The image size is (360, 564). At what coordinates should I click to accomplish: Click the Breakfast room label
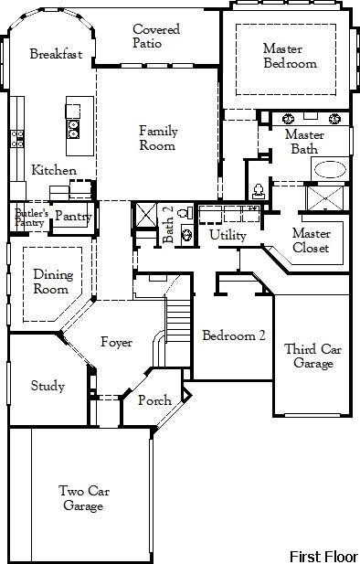56,54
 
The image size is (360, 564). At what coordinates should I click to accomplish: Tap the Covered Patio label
156,37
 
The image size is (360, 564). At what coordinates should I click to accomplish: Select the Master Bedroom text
290,56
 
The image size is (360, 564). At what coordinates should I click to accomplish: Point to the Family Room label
158,138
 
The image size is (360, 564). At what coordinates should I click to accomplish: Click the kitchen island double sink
73,128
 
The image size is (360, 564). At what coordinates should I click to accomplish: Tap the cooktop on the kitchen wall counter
16,139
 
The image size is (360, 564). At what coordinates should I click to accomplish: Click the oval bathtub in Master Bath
330,170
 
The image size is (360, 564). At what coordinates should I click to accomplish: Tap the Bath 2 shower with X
146,216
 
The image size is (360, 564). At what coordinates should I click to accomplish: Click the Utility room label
228,235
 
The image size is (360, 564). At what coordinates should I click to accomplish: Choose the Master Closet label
311,240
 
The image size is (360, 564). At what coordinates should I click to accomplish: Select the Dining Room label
51,282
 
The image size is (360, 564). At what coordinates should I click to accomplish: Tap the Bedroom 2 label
234,335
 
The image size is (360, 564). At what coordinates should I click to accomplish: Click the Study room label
48,386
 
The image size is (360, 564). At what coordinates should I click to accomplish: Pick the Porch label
154,400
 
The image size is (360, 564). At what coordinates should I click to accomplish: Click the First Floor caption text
323,555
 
